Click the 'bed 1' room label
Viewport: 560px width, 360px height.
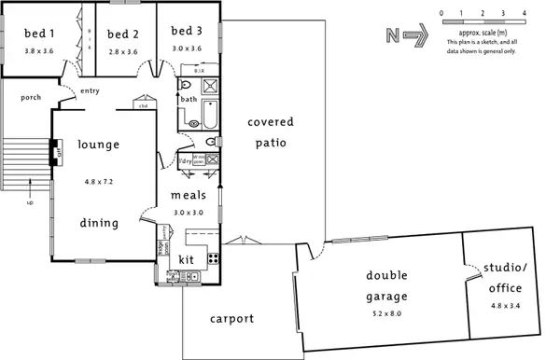coord(38,34)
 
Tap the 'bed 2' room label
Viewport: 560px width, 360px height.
coord(122,34)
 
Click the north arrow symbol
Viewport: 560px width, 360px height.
coord(417,35)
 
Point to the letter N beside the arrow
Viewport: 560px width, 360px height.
coord(392,35)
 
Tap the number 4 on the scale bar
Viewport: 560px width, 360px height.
coord(525,13)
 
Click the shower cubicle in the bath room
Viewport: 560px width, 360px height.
coord(211,88)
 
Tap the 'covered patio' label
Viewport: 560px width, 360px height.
coord(271,132)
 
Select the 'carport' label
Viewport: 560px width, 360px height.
coord(231,319)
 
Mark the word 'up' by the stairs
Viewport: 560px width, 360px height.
coord(29,202)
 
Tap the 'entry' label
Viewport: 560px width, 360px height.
coord(91,90)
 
